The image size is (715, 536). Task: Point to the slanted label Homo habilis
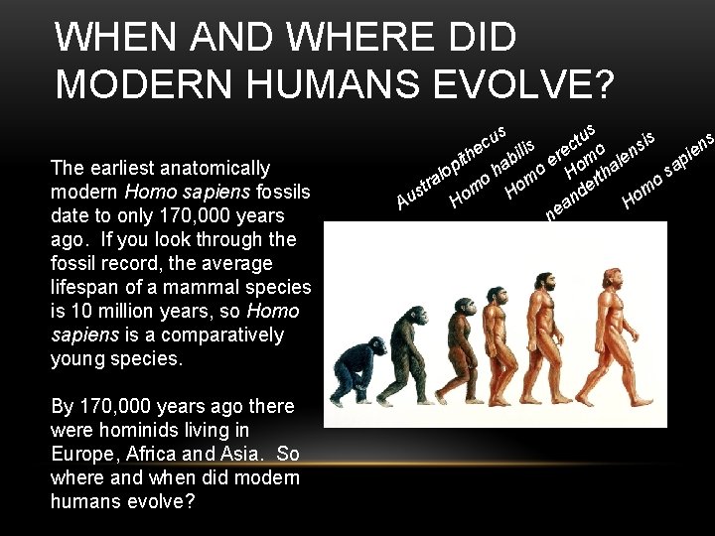pos(494,168)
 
